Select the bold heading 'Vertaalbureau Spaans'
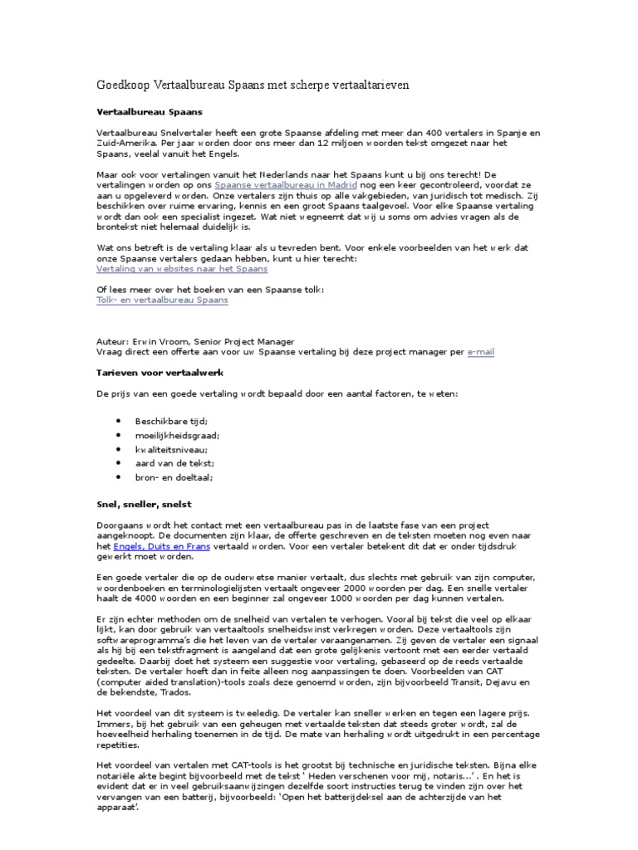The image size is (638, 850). [150, 110]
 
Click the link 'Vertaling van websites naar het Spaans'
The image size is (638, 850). [182, 269]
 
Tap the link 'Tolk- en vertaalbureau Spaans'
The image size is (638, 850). [163, 300]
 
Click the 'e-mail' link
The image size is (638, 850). [480, 351]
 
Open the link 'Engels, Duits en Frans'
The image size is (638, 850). [161, 547]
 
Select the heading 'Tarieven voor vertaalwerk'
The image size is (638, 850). [160, 373]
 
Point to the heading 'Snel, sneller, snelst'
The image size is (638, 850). [145, 504]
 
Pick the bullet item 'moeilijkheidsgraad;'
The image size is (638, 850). [178, 435]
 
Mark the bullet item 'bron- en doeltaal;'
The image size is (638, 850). [174, 477]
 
